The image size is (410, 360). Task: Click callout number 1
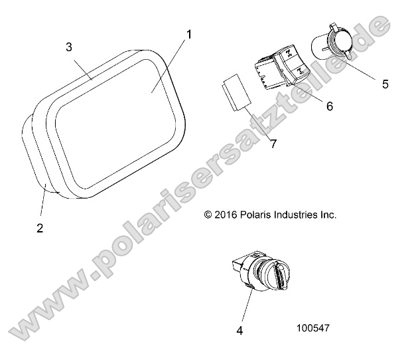188,34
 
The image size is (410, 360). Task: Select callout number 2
40,228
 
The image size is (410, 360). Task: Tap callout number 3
70,46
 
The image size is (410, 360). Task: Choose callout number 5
385,84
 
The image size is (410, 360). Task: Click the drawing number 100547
314,328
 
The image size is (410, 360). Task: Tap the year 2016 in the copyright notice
228,215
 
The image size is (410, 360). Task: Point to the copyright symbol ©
208,215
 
